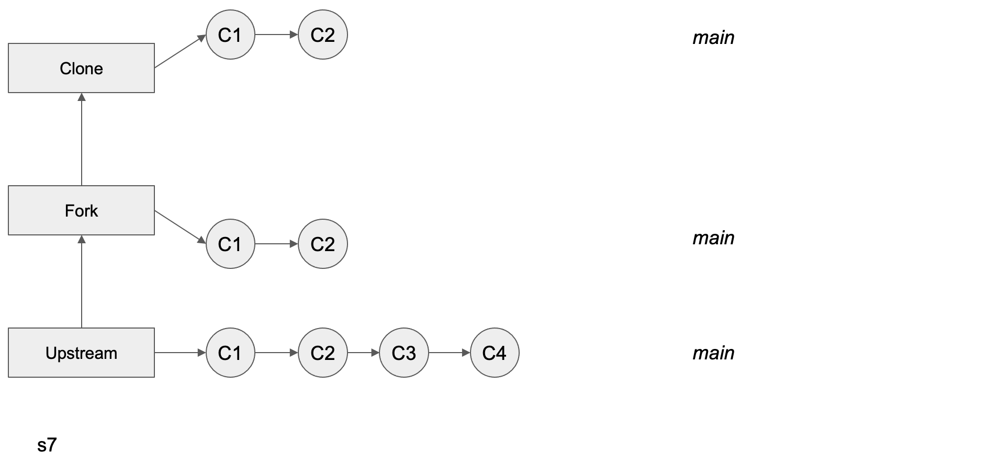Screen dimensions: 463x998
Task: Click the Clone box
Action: [81, 68]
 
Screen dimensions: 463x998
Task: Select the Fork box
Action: [81, 210]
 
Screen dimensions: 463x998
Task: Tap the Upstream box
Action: [81, 353]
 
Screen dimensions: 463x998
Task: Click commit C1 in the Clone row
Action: [230, 35]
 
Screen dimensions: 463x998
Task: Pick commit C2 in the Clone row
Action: [322, 35]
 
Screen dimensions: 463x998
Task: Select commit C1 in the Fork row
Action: [230, 244]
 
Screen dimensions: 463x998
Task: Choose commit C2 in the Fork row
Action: [322, 244]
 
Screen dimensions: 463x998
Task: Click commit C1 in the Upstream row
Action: [230, 353]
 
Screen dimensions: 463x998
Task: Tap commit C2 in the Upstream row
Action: [322, 353]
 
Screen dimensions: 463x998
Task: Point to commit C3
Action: [403, 353]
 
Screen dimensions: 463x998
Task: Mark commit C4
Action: [495, 353]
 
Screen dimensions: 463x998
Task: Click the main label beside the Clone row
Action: [713, 38]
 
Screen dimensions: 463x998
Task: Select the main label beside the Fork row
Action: [713, 238]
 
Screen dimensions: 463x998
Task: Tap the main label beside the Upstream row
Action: [713, 353]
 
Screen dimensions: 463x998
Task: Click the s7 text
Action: [47, 445]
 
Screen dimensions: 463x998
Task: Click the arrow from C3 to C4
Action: [449, 353]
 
